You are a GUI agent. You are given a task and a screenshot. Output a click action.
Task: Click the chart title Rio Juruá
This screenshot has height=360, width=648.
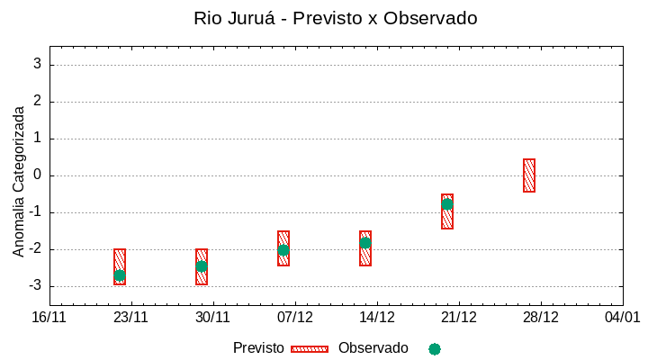coord(335,18)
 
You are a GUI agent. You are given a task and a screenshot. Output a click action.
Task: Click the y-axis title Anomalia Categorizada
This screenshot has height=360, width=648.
coord(18,181)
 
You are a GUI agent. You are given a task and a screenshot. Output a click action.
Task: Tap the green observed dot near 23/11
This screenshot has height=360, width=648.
coord(120,275)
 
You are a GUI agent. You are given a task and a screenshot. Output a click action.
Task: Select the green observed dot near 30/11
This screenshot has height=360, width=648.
coord(202,265)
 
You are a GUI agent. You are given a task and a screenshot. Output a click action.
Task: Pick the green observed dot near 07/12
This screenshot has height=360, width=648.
coord(283,250)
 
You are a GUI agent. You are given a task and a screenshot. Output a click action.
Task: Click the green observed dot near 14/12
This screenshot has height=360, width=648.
coord(365,243)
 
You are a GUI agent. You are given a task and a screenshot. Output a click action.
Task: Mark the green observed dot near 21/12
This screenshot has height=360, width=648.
coord(447,204)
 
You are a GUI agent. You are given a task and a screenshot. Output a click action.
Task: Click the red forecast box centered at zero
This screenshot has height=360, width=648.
coord(529,175)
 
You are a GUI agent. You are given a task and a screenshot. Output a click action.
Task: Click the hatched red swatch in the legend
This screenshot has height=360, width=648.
coord(310,348)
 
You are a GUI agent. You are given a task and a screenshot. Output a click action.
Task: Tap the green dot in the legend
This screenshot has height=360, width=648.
coord(435,348)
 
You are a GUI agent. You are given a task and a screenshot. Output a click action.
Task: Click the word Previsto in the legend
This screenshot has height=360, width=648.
coord(258,348)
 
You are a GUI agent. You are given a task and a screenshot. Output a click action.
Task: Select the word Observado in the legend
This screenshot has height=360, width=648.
coord(373,348)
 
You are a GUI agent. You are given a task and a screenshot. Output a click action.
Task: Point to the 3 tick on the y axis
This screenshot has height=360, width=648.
coord(38,64)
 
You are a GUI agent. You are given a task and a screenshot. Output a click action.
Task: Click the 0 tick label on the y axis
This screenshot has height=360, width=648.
coord(38,175)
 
